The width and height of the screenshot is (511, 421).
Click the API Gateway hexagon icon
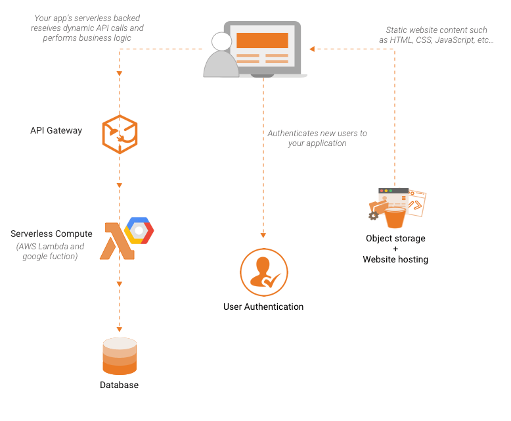click(x=120, y=134)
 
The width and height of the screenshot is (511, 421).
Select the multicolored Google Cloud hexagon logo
click(x=140, y=231)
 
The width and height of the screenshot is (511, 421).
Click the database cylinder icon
click(x=120, y=357)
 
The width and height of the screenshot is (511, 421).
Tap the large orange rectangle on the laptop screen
click(x=262, y=40)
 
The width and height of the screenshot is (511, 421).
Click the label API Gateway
click(x=56, y=130)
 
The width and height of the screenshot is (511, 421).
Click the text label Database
click(x=119, y=385)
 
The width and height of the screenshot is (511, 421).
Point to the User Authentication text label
click(x=263, y=307)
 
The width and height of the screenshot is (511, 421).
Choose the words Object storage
click(x=395, y=238)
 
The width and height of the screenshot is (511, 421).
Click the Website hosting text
click(x=395, y=259)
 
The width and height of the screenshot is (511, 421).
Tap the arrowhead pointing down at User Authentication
click(x=263, y=234)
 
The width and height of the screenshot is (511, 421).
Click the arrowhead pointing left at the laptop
click(x=313, y=48)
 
